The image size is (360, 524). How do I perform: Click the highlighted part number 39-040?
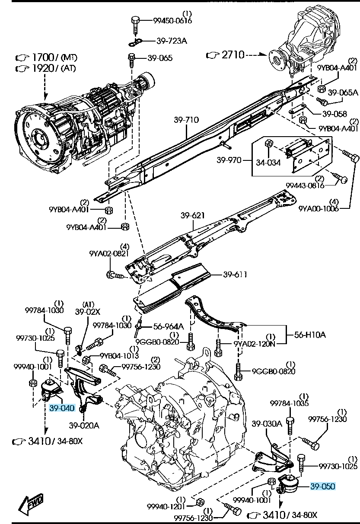[x=62, y=408]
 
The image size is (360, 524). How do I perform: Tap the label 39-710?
[x=186, y=120]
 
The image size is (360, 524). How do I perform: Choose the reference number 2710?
[x=233, y=55]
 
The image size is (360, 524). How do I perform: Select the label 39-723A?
[x=172, y=41]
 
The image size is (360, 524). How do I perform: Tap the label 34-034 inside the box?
[x=268, y=163]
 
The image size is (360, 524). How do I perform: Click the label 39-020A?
[x=84, y=425]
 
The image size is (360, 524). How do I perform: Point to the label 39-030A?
[x=267, y=423]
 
